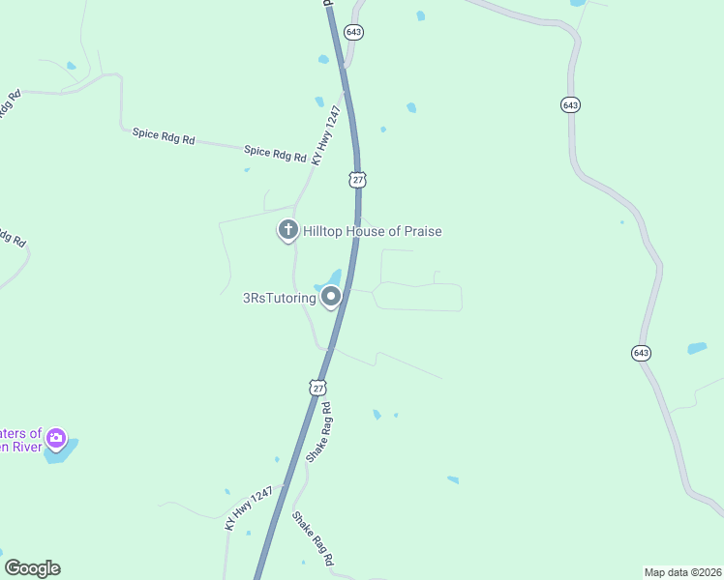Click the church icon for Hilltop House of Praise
287,230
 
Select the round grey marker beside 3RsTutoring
331,297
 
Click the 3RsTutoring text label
279,298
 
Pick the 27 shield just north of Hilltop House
358,180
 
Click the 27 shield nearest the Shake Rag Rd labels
317,388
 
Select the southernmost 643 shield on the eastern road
642,353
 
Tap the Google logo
32,568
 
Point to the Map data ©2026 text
681,572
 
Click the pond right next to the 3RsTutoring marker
329,279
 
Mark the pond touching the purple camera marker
64,451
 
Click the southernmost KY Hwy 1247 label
244,509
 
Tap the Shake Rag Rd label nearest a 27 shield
319,431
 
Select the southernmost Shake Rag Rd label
314,538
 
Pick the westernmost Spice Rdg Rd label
164,135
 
